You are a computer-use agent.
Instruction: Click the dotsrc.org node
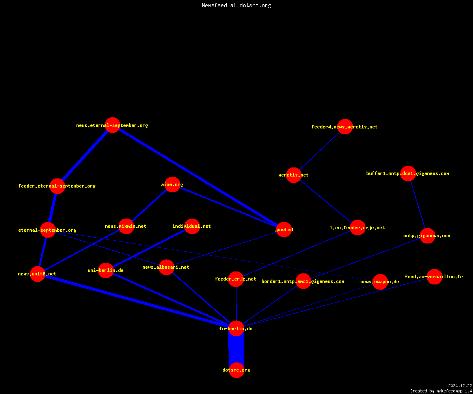click(x=236, y=370)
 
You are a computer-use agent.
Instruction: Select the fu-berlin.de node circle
click(x=236, y=328)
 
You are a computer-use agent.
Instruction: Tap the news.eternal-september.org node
click(x=113, y=125)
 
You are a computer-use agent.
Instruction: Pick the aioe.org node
click(x=172, y=184)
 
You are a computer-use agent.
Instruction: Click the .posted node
click(x=284, y=229)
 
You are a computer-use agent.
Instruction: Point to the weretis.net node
click(x=294, y=175)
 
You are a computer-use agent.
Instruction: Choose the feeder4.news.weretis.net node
click(x=345, y=126)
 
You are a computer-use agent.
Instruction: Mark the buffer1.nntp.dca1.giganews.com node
click(x=408, y=173)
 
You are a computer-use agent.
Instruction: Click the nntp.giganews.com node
click(x=427, y=236)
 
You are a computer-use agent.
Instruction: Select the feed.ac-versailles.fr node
click(x=434, y=277)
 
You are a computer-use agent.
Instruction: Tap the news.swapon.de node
click(x=380, y=282)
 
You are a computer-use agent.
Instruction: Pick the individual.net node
click(x=192, y=226)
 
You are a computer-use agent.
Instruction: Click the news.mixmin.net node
click(x=127, y=226)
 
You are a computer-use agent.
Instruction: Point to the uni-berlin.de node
click(x=106, y=270)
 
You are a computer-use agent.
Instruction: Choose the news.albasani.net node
click(x=166, y=267)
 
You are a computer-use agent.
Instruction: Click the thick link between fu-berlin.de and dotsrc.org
click(x=236, y=349)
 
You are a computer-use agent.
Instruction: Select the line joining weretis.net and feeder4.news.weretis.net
click(x=319, y=151)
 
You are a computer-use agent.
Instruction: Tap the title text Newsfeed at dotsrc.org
click(x=236, y=5)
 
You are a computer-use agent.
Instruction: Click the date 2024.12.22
click(x=460, y=386)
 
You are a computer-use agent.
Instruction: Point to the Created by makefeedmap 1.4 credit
click(x=441, y=391)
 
